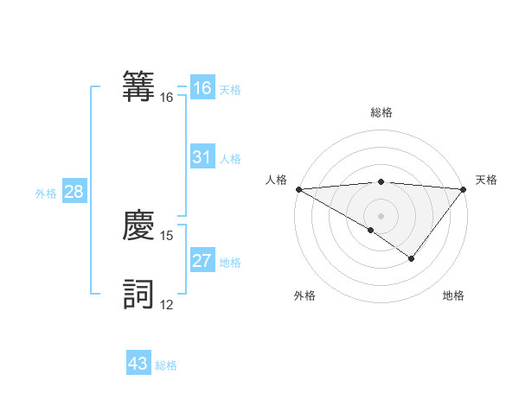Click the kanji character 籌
pyautogui.click(x=139, y=86)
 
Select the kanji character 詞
pyautogui.click(x=139, y=294)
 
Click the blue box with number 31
pyautogui.click(x=202, y=157)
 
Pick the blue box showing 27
pyautogui.click(x=202, y=261)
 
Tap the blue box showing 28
pyautogui.click(x=74, y=192)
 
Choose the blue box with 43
pyautogui.click(x=138, y=364)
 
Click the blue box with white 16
pyautogui.click(x=202, y=88)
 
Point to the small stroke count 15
pyautogui.click(x=167, y=235)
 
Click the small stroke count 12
pyautogui.click(x=167, y=304)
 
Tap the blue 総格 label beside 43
pyautogui.click(x=166, y=365)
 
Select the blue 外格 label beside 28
pyautogui.click(x=46, y=193)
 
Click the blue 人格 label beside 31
pyautogui.click(x=230, y=159)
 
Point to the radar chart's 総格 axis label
pyautogui.click(x=381, y=112)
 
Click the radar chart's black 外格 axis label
pyautogui.click(x=304, y=296)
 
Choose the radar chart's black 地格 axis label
pyautogui.click(x=453, y=296)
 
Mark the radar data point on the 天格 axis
pyautogui.click(x=464, y=189)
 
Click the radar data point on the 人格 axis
pyautogui.click(x=298, y=189)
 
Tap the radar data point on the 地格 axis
pyautogui.click(x=412, y=258)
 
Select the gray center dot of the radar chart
pyautogui.click(x=381, y=216)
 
